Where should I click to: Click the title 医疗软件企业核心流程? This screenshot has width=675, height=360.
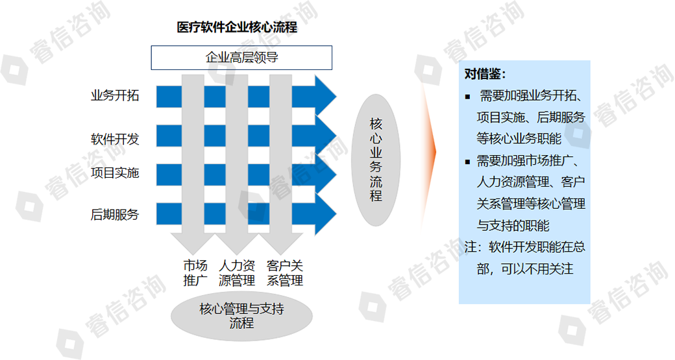pos(237,28)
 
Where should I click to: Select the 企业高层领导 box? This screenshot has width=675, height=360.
pos(241,58)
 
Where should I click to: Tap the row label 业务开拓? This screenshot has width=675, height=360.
pos(114,96)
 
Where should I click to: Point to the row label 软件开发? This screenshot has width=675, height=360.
pos(114,139)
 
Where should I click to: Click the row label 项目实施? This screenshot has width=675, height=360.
pos(114,173)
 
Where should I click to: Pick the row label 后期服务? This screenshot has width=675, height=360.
pos(114,214)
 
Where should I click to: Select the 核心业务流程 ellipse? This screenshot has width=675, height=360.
pos(376,160)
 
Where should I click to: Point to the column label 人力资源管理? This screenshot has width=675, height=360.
pos(237,273)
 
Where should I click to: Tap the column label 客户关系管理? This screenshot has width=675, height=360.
pos(285,273)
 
